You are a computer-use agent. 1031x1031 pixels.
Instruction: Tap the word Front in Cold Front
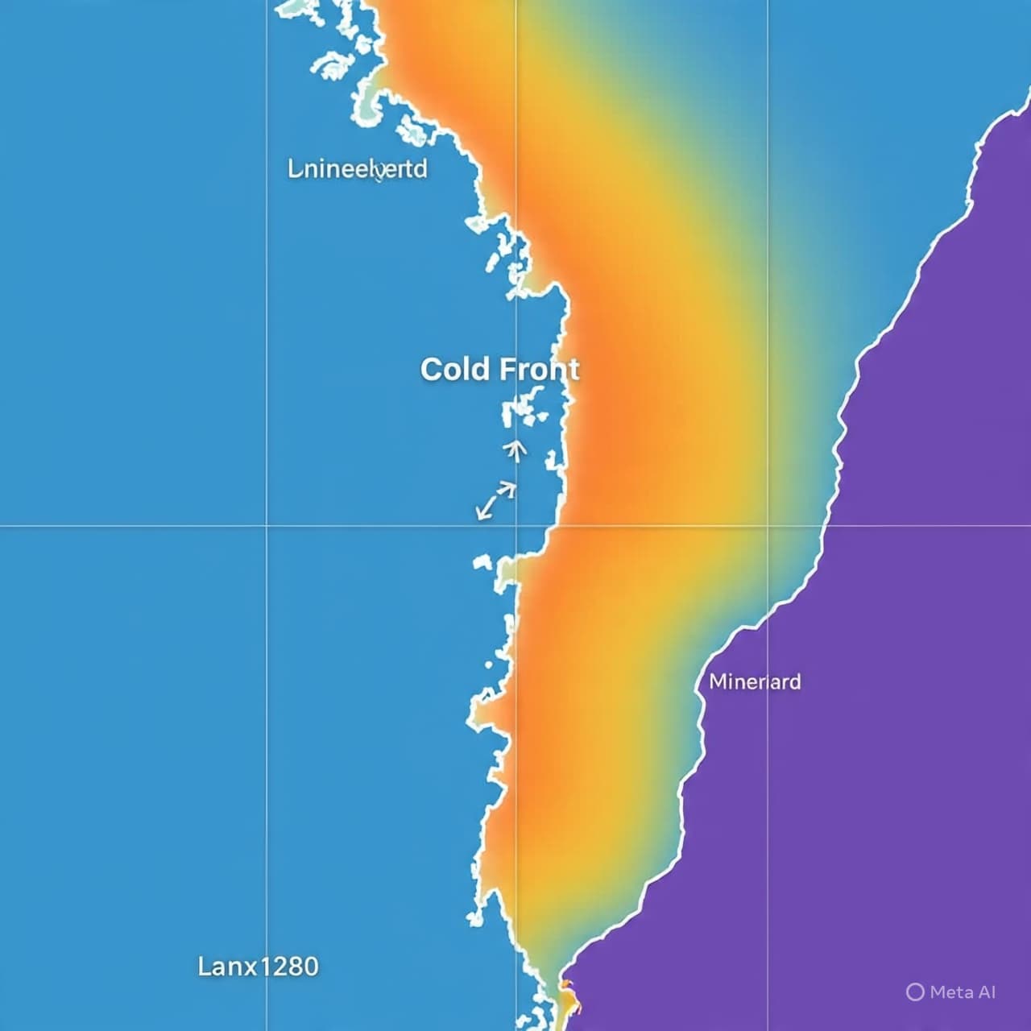coord(538,370)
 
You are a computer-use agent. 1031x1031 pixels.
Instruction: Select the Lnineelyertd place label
coord(358,170)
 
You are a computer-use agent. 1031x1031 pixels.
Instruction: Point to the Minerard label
coord(755,681)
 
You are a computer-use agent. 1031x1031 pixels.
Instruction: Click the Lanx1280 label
coord(258,966)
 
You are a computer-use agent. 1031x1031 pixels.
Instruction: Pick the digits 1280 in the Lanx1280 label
coord(288,966)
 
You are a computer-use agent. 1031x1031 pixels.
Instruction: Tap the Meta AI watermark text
coord(963,992)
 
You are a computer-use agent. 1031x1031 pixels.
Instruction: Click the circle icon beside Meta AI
coord(915,992)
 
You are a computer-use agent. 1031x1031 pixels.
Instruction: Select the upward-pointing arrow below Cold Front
coord(515,450)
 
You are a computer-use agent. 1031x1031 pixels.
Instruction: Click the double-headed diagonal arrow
coord(495,499)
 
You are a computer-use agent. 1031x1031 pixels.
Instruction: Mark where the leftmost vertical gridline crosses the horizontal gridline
coord(267,526)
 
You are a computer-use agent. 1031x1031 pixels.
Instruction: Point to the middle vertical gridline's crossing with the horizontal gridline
coord(516,526)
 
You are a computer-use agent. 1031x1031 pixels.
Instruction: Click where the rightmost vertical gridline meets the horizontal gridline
coord(768,526)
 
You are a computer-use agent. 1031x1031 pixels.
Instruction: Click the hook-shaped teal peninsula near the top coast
coord(369,101)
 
